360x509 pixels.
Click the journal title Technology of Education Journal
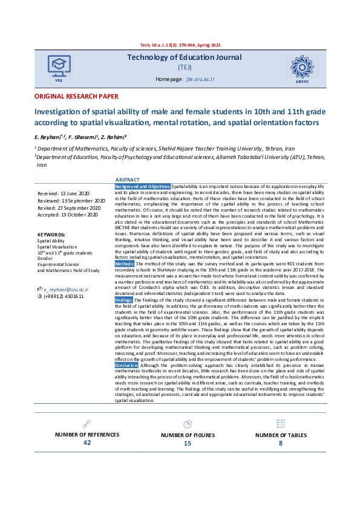click(x=184, y=57)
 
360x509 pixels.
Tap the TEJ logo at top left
click(x=58, y=66)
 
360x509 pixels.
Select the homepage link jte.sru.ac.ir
click(x=199, y=79)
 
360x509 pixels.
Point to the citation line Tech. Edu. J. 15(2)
click(x=180, y=46)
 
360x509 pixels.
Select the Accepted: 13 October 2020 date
click(x=67, y=215)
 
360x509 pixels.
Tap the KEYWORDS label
click(x=51, y=234)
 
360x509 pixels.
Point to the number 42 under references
click(x=87, y=443)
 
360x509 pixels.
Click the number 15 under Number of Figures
click(x=188, y=444)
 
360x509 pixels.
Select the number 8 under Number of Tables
click(x=280, y=443)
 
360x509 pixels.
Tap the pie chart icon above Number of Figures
click(x=188, y=424)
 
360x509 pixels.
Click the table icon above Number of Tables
click(x=280, y=424)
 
